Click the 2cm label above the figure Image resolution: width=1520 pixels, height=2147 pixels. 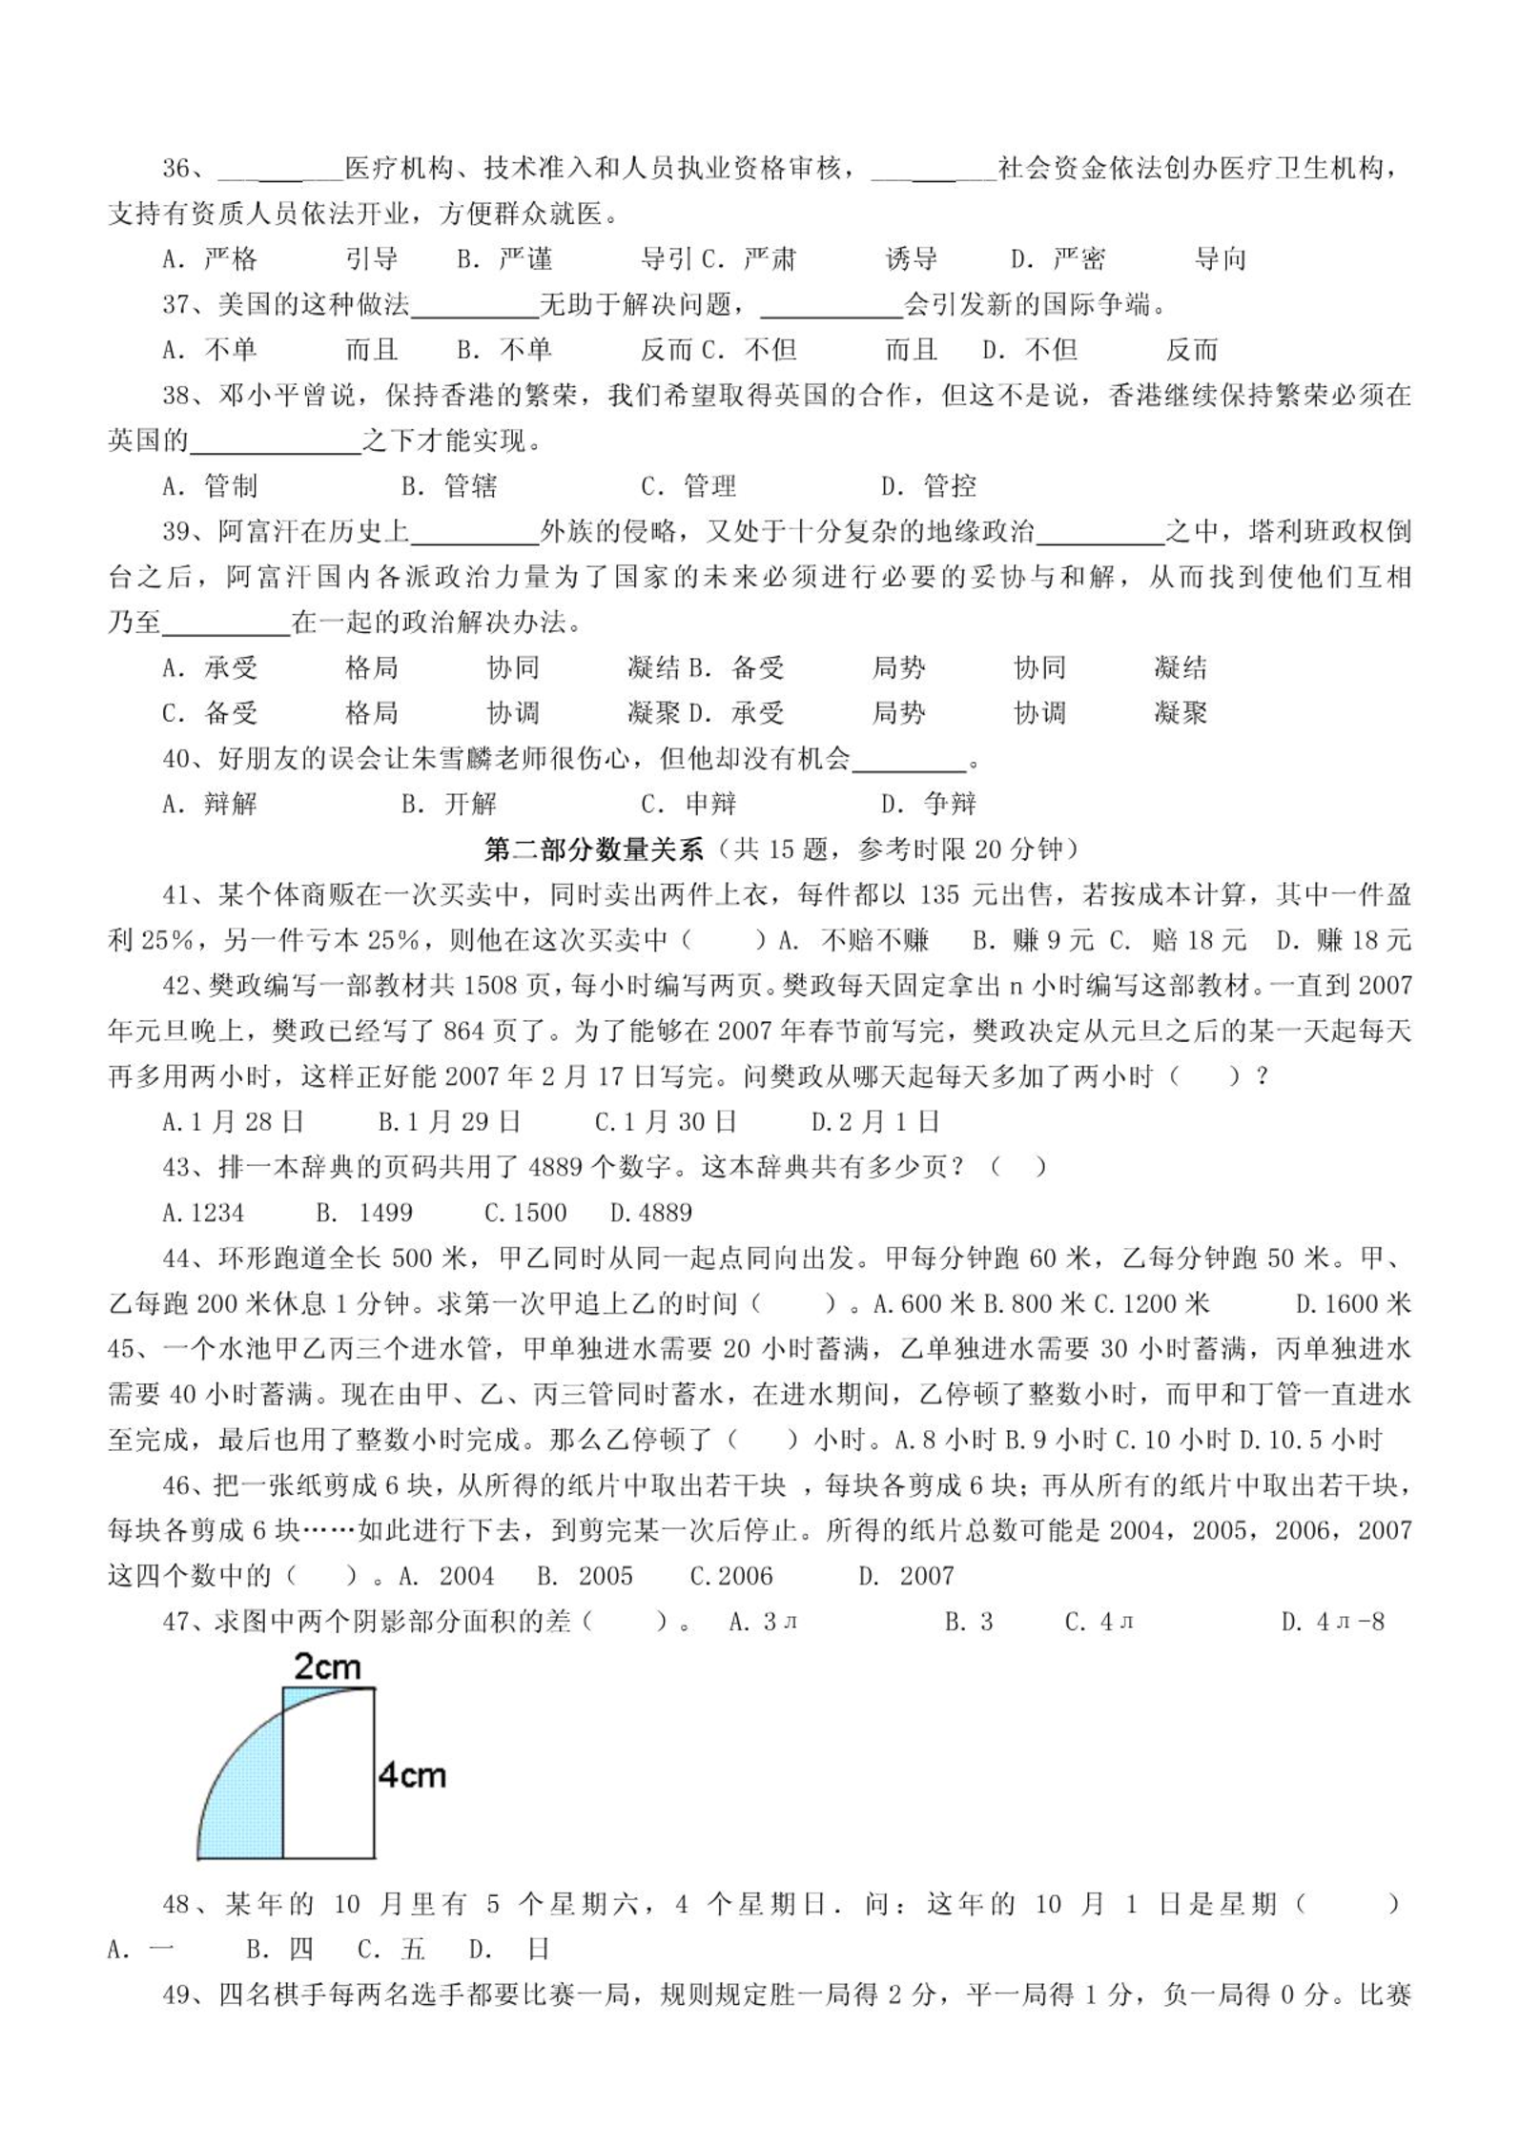click(326, 1667)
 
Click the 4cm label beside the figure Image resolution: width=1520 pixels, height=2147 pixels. click(412, 1775)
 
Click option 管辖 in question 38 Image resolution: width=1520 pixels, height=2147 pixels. click(471, 486)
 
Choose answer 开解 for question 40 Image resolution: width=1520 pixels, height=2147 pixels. click(471, 804)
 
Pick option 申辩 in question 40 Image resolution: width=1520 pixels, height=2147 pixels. click(711, 804)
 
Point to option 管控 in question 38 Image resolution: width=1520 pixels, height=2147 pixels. click(950, 486)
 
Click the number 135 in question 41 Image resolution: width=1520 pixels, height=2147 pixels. click(945, 894)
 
